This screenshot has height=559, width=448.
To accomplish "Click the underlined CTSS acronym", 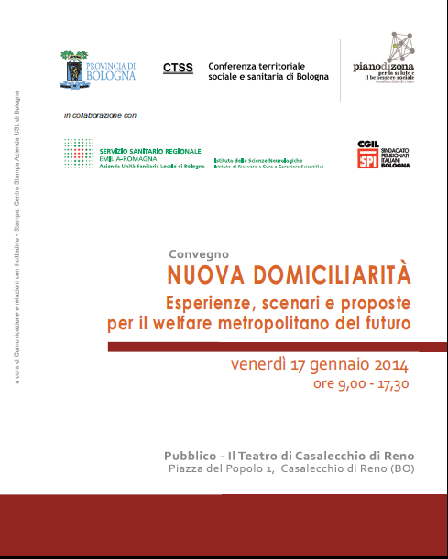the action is [178, 68].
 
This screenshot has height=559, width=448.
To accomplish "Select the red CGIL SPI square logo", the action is [366, 155].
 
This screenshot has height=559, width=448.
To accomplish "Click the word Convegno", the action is [198, 253].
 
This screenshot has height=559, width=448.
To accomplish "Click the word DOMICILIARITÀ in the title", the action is [333, 274].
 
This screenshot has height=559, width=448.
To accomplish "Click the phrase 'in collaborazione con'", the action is [100, 115].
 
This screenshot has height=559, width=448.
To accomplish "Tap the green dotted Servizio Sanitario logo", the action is [79, 154].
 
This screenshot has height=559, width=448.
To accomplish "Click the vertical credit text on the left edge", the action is [16, 247].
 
